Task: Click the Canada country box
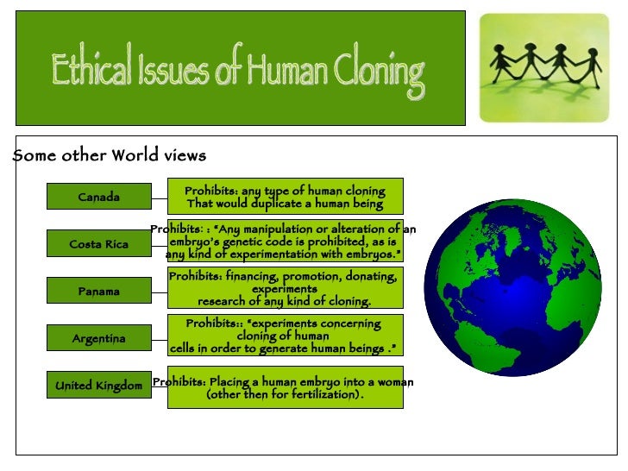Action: pos(98,197)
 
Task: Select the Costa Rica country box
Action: pos(98,244)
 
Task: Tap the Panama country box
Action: pos(98,292)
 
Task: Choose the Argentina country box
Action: pos(98,339)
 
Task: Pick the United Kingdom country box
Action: pos(98,386)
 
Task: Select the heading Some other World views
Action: pos(110,156)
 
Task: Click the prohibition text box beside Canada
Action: pos(285,197)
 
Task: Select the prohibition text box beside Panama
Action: pos(285,288)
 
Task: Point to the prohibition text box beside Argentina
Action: pos(285,336)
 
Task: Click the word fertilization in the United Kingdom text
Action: pos(317,395)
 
